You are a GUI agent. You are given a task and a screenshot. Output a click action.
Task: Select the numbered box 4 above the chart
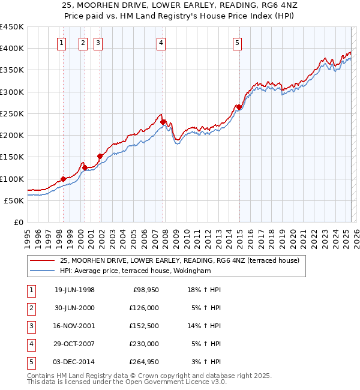click(x=162, y=43)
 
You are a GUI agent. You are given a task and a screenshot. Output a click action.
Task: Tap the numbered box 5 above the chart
click(x=238, y=43)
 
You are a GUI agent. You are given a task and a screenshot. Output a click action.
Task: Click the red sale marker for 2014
click(x=239, y=107)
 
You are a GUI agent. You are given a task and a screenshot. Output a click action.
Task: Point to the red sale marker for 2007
click(x=163, y=122)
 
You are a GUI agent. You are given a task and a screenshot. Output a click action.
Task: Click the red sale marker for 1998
click(x=63, y=179)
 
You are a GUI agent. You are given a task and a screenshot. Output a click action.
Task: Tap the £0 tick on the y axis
click(x=19, y=223)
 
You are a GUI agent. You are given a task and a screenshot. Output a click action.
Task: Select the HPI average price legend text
click(x=135, y=271)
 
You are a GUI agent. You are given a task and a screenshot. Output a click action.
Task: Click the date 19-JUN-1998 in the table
click(x=74, y=290)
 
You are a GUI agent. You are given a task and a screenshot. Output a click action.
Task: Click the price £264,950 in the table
click(x=144, y=362)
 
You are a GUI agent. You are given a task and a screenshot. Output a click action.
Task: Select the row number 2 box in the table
click(x=30, y=308)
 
